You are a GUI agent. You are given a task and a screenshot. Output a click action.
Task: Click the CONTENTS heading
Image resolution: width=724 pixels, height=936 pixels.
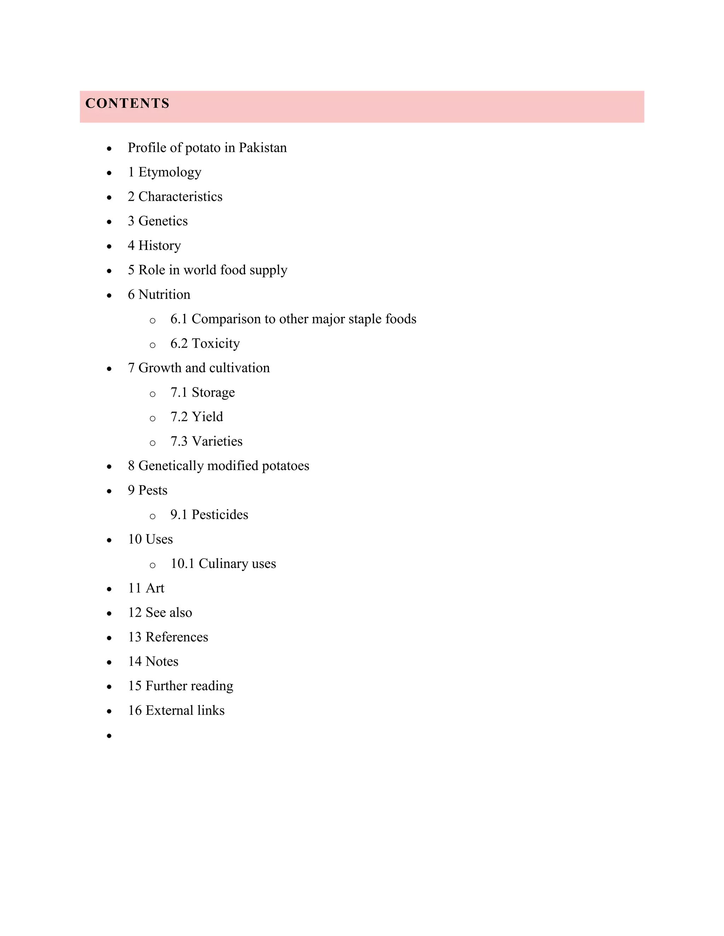tap(127, 103)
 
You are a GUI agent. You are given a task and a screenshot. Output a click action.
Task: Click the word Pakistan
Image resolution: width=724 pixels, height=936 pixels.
tap(263, 147)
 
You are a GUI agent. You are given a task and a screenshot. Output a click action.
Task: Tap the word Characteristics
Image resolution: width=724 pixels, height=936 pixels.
tap(180, 196)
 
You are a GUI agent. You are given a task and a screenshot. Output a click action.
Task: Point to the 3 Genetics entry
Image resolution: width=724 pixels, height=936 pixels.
tap(158, 221)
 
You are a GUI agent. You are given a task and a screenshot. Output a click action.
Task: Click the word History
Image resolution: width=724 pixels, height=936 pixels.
tap(159, 245)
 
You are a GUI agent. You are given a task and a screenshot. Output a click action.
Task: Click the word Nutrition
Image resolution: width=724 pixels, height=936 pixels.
tap(164, 295)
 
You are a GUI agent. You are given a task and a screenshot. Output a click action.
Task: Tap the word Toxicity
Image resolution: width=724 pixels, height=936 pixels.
tap(215, 343)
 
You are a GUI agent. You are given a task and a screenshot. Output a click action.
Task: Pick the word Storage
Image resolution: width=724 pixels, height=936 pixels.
tap(213, 392)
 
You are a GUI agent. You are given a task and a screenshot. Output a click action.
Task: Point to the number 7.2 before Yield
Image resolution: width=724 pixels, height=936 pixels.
tap(179, 416)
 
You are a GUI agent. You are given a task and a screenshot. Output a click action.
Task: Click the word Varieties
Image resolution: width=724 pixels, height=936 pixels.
tap(217, 441)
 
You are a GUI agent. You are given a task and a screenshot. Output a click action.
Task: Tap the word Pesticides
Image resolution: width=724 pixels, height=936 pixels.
tap(220, 514)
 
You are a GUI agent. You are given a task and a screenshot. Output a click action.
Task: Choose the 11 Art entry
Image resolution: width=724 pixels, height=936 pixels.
tap(146, 588)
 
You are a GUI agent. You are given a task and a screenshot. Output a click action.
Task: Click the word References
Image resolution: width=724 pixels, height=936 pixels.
tap(177, 637)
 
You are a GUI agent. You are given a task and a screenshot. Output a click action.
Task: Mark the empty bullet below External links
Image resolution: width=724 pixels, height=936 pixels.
tap(109, 736)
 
